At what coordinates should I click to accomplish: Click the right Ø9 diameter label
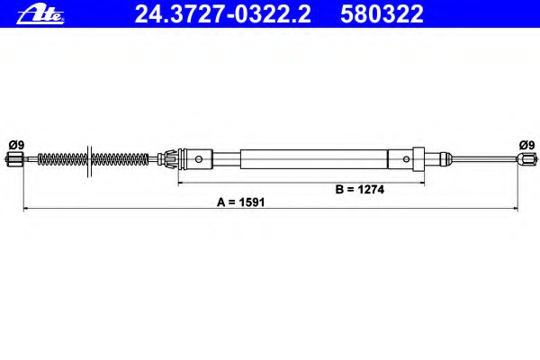pyautogui.click(x=526, y=144)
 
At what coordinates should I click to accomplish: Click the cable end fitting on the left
pyautogui.click(x=13, y=161)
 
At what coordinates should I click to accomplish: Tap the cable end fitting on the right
pyautogui.click(x=526, y=161)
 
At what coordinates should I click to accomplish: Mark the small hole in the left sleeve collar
pyautogui.click(x=198, y=161)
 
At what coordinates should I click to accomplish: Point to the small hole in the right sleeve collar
pyautogui.click(x=407, y=161)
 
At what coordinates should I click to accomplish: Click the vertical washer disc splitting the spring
pyautogui.click(x=87, y=161)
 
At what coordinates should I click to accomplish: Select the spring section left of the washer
pyautogui.click(x=64, y=161)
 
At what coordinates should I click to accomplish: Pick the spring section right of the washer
pyautogui.click(x=121, y=161)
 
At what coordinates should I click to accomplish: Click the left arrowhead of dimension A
pyautogui.click(x=26, y=209)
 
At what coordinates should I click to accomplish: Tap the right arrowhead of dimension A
pyautogui.click(x=515, y=209)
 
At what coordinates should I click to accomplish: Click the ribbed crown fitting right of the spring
pyautogui.click(x=166, y=161)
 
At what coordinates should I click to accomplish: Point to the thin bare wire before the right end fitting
pyautogui.click(x=481, y=161)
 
